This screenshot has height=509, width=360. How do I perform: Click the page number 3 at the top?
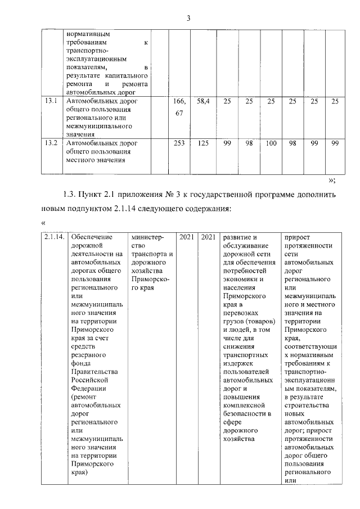pyautogui.click(x=188, y=18)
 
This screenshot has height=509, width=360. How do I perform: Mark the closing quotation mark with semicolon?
pyautogui.click(x=332, y=181)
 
